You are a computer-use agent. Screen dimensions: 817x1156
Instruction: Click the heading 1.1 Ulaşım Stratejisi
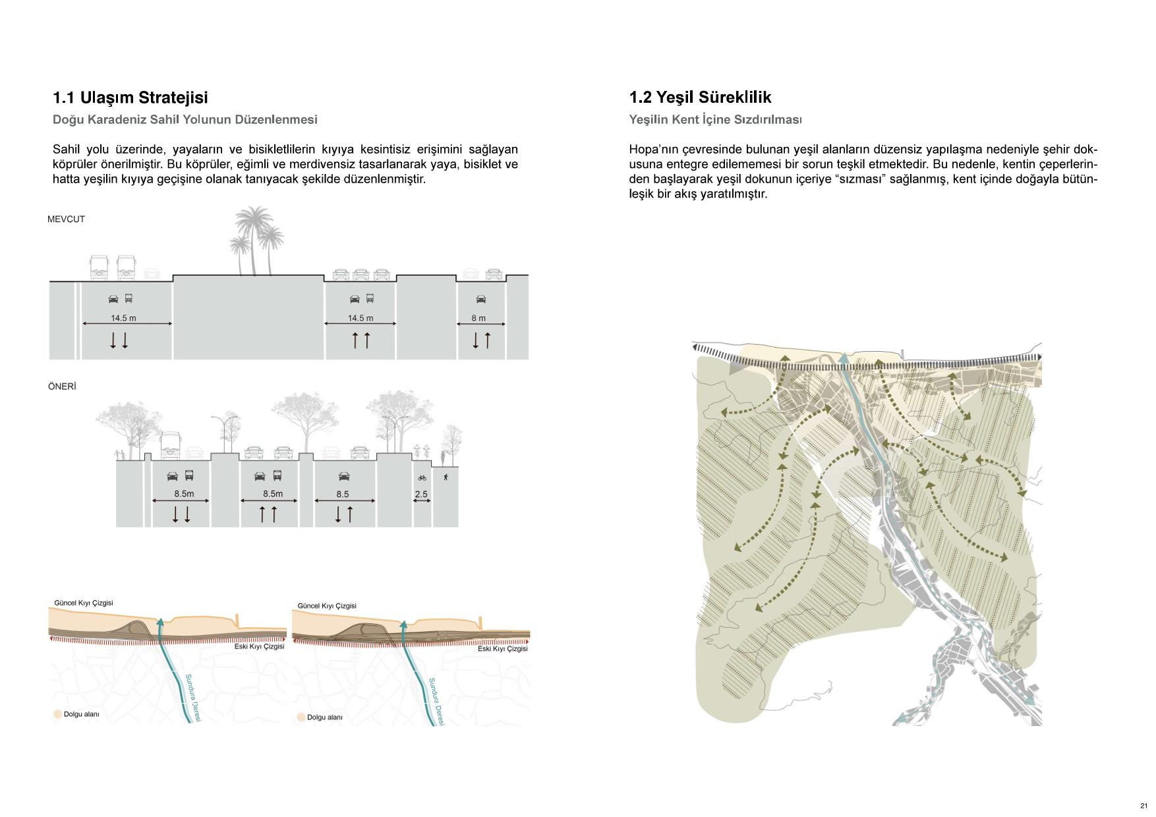130,98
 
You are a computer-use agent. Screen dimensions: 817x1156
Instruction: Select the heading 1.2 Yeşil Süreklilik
700,98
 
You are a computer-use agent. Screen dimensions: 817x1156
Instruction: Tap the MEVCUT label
66,219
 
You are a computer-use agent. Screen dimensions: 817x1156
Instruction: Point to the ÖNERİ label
62,387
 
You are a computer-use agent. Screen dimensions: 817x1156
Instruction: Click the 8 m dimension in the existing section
478,318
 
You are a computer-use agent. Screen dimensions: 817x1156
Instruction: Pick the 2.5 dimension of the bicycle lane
421,494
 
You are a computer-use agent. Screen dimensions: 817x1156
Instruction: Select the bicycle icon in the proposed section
422,478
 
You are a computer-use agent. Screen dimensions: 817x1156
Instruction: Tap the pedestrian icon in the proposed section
446,477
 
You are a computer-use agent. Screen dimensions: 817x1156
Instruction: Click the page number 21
1143,806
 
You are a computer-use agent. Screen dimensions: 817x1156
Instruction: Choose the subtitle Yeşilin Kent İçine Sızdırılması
715,119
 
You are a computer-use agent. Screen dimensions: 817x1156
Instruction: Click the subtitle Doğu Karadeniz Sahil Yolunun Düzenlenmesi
185,119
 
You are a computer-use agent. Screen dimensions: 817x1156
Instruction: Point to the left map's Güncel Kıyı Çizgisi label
83,603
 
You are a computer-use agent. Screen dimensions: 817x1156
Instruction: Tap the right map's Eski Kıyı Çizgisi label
502,648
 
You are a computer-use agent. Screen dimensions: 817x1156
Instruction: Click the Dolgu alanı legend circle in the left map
57,714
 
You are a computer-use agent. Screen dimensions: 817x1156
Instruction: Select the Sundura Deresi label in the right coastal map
436,702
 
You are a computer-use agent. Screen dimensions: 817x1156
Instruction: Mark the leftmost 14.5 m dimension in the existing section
123,318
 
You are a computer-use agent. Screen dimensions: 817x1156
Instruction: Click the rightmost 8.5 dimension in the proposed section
343,494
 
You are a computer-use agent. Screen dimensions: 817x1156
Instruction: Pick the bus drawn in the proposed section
171,445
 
